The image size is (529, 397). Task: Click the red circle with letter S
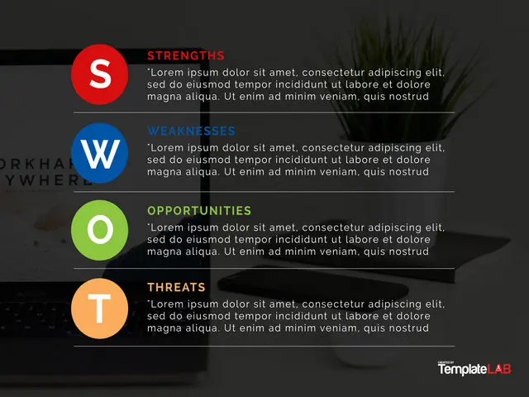pyautogui.click(x=99, y=74)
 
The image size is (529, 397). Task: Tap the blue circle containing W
pyautogui.click(x=99, y=153)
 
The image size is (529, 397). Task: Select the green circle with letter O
pyautogui.click(x=99, y=230)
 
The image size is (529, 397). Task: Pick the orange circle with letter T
pyautogui.click(x=99, y=309)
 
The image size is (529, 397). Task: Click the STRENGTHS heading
pyautogui.click(x=186, y=55)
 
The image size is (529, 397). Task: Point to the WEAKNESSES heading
pyautogui.click(x=191, y=131)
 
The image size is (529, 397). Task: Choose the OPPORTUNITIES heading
pyautogui.click(x=199, y=211)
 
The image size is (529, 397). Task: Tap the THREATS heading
pyautogui.click(x=176, y=287)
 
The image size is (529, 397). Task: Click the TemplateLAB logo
pyautogui.click(x=474, y=369)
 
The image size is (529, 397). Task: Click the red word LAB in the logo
pyautogui.click(x=498, y=369)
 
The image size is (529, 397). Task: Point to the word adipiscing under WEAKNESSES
pyautogui.click(x=395, y=148)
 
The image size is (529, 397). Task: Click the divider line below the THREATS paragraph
pyautogui.click(x=264, y=346)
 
